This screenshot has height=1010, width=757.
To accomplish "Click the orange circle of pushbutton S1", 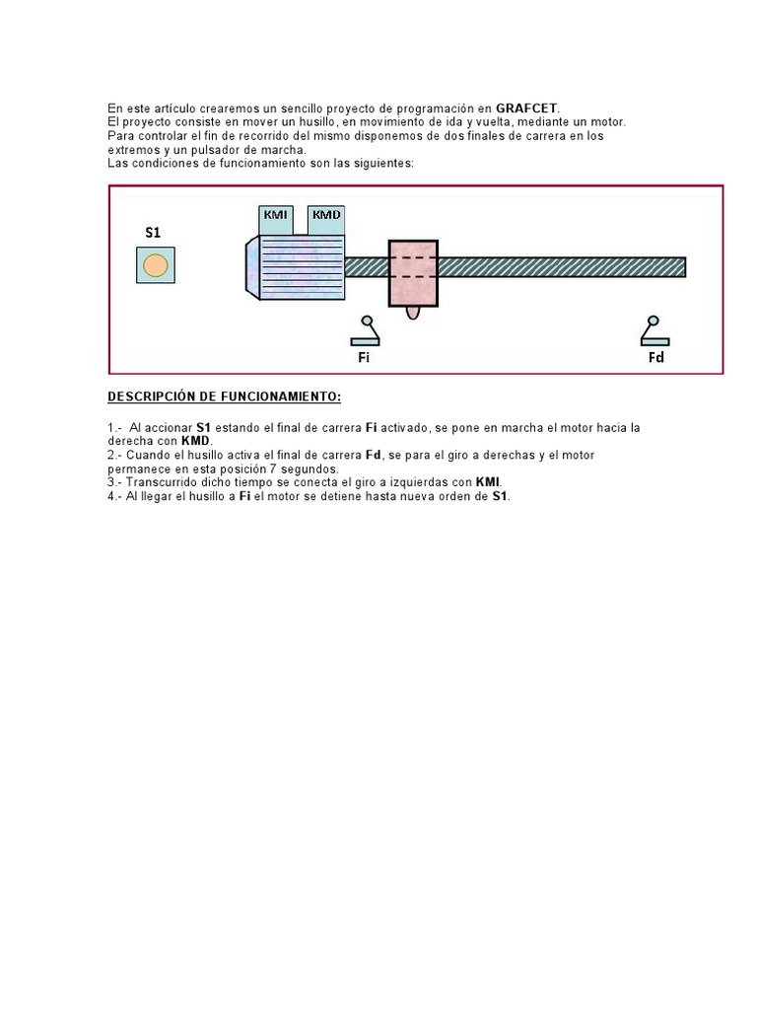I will point(155,265).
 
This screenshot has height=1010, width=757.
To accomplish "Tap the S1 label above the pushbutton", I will point(153,233).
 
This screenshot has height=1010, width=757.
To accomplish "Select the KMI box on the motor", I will point(276,215).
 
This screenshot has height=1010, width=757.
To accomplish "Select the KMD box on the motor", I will point(326,215).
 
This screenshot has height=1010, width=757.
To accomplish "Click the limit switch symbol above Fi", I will point(369,330).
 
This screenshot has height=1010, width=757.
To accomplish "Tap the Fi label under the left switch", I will point(364,357).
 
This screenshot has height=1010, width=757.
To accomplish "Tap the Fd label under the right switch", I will point(655,357).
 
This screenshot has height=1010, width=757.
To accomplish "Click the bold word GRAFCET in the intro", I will point(526,108).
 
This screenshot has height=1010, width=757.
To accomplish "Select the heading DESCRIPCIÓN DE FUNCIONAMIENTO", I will point(224,397).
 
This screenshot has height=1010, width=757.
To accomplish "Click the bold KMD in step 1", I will point(195,441).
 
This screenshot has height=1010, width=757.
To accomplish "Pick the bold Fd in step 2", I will point(374,455).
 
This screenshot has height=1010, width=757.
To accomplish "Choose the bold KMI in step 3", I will point(487,482).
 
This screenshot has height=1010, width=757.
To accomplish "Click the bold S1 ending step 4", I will point(500,496).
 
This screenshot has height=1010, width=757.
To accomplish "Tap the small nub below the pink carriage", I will point(413,313).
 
